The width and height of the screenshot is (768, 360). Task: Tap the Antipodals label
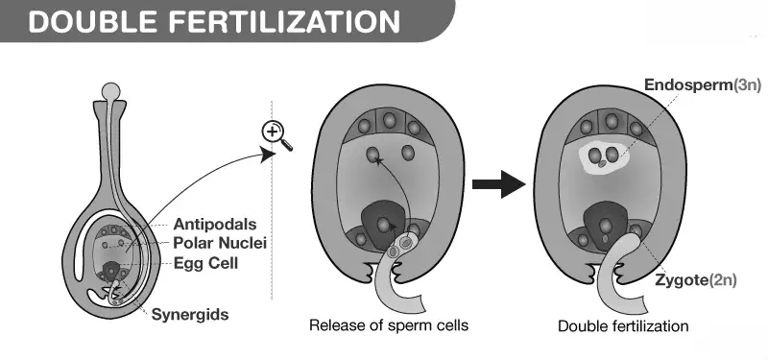(215, 225)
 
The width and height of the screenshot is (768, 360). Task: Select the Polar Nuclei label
(220, 243)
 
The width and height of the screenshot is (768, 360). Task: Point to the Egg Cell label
(205, 263)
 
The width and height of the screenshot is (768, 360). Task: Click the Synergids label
(190, 314)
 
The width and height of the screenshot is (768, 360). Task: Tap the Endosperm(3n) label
(703, 85)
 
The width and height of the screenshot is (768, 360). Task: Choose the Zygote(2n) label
(696, 280)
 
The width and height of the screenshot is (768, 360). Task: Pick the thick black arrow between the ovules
(498, 184)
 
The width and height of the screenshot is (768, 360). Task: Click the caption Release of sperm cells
(389, 325)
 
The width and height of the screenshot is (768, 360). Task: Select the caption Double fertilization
(623, 326)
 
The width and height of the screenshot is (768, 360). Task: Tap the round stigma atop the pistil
(110, 90)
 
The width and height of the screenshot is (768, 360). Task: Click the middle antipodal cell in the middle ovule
(389, 121)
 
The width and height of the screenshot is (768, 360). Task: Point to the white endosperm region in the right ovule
(604, 156)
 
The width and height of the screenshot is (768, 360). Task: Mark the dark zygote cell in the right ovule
(606, 226)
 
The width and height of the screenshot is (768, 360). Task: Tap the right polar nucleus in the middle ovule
(408, 153)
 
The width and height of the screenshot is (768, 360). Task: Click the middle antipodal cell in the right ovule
(611, 121)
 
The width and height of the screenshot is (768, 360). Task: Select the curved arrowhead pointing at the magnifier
(268, 155)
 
